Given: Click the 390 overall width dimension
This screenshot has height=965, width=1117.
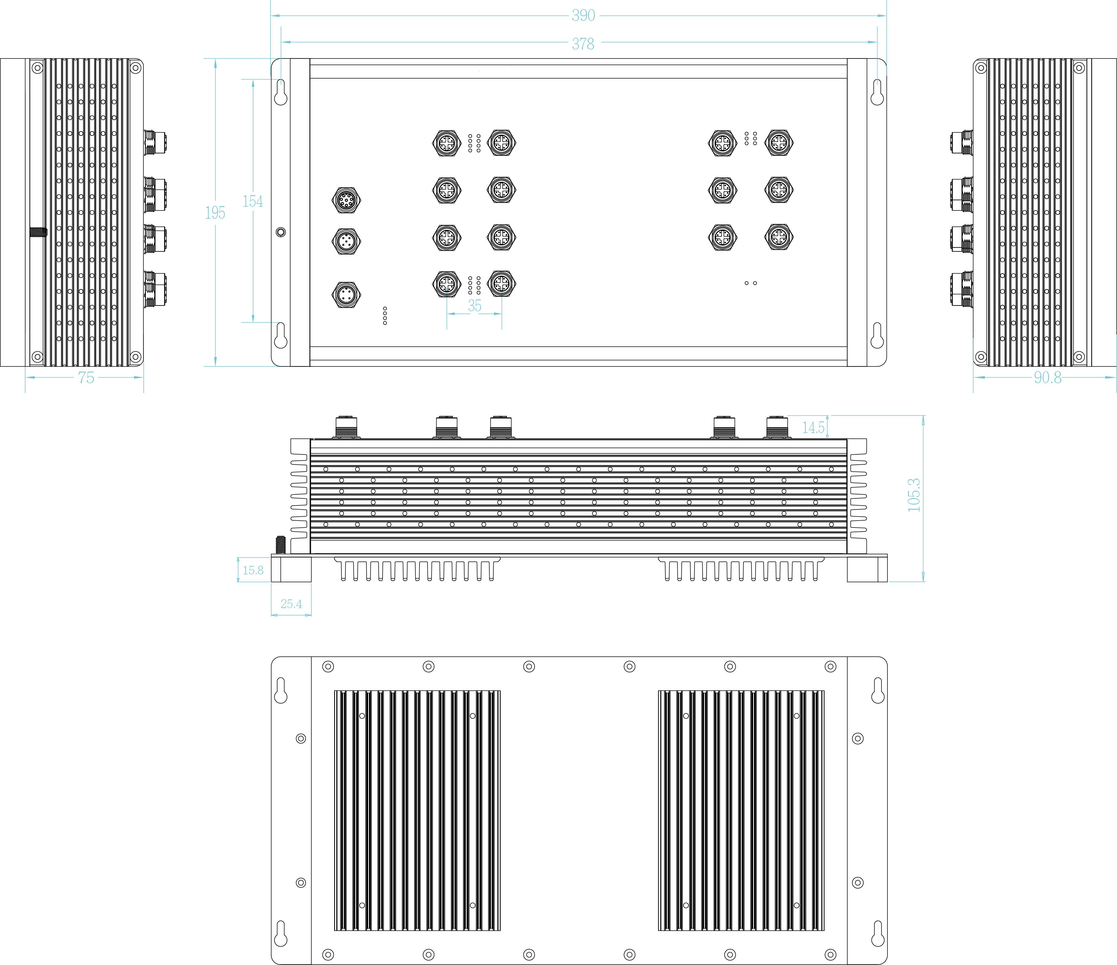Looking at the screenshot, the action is [583, 16].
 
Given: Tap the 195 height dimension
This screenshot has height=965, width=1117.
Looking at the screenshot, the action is [215, 213].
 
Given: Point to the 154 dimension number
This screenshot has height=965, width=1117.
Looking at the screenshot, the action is [253, 202].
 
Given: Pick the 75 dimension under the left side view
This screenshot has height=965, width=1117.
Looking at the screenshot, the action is [86, 378].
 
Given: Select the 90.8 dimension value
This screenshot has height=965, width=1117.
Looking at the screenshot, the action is [1047, 378].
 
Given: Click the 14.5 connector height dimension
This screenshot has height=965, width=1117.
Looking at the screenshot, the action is [813, 428].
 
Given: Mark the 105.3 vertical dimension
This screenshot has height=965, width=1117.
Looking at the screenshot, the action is [914, 495].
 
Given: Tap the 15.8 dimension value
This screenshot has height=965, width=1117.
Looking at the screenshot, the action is [253, 570].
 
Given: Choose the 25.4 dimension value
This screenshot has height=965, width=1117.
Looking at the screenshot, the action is [291, 604].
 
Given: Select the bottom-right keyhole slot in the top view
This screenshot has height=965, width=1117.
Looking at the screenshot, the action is [877, 336].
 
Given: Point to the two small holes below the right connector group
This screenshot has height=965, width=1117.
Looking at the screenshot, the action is [750, 283].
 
